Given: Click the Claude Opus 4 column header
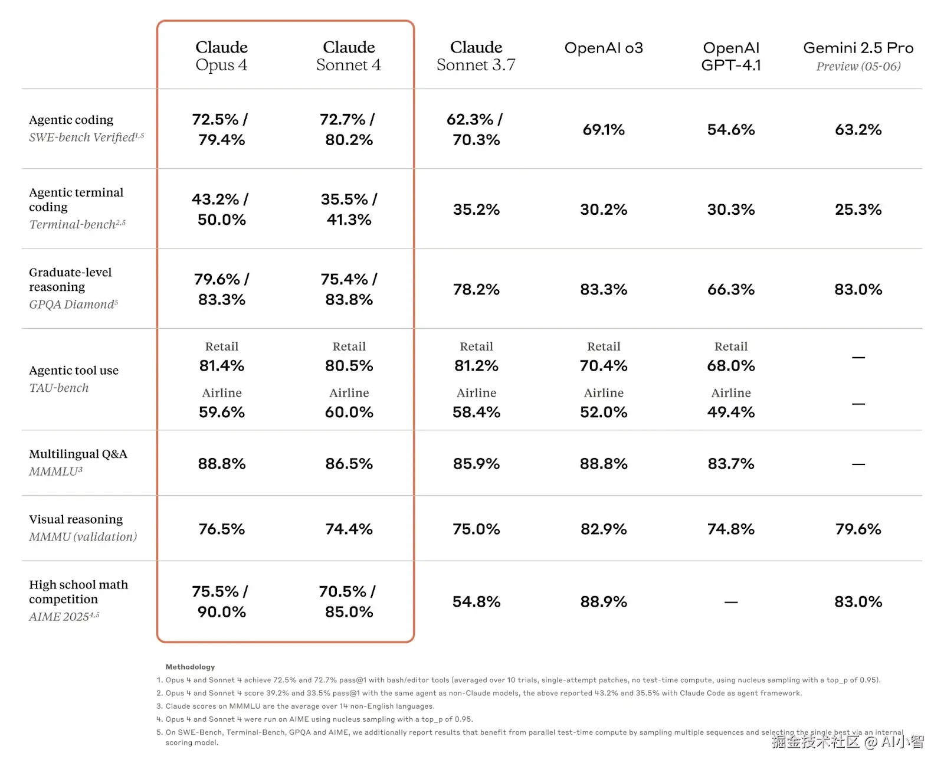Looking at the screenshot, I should pos(221,55).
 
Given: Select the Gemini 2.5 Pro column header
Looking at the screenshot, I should pos(858,55).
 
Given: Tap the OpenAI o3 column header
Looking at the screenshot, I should pos(603,48).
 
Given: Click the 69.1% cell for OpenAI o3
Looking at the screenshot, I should pos(603,130).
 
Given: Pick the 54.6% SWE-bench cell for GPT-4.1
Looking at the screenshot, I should pos(730,130).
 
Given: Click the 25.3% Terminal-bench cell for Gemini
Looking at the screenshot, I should pos(858,210).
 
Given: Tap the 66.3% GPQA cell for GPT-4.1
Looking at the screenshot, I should pos(730,290).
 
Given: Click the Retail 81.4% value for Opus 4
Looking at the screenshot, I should pos(221,366).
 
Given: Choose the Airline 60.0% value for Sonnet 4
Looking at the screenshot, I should pos(349,412).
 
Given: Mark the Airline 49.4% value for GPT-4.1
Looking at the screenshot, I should pos(730,412).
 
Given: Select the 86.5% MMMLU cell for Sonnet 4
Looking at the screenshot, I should pos(349,464).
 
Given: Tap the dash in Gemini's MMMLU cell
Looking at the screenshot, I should pos(858,464).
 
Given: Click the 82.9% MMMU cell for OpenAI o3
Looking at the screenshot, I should pos(603,529).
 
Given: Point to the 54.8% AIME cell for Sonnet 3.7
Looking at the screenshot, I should pos(476,602).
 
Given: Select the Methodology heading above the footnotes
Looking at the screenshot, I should pos(190,667).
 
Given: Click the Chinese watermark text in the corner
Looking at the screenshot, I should pos(847,742).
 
